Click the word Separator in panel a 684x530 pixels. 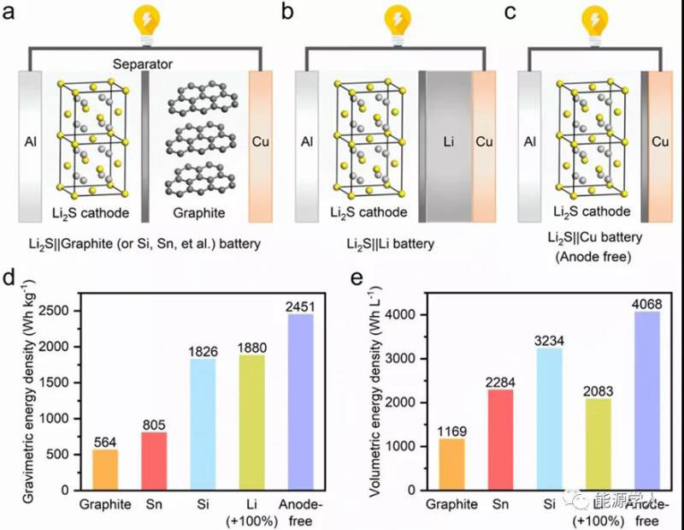(144, 64)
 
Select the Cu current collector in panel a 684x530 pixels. (261, 141)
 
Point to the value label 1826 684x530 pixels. (203, 351)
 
